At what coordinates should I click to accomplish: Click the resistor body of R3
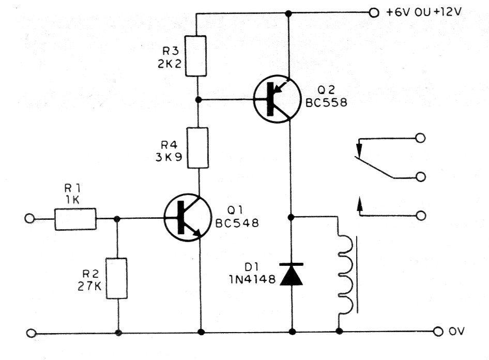(x=196, y=56)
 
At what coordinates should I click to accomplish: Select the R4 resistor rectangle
(x=198, y=148)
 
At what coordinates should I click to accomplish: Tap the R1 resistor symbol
(x=75, y=219)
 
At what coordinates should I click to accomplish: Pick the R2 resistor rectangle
(x=117, y=278)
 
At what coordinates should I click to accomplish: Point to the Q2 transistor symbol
(x=277, y=99)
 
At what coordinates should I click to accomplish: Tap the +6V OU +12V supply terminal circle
(x=374, y=13)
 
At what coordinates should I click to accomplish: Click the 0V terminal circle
(x=438, y=332)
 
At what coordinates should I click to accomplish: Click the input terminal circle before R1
(x=29, y=218)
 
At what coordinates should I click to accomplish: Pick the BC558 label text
(x=326, y=102)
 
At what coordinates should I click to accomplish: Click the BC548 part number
(x=237, y=223)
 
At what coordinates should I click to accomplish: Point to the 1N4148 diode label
(x=252, y=279)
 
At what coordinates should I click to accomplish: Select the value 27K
(x=90, y=287)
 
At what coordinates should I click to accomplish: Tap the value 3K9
(x=169, y=157)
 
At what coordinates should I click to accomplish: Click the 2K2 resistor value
(x=170, y=64)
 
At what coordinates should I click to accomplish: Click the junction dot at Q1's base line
(x=117, y=219)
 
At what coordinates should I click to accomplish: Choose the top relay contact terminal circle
(x=420, y=138)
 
